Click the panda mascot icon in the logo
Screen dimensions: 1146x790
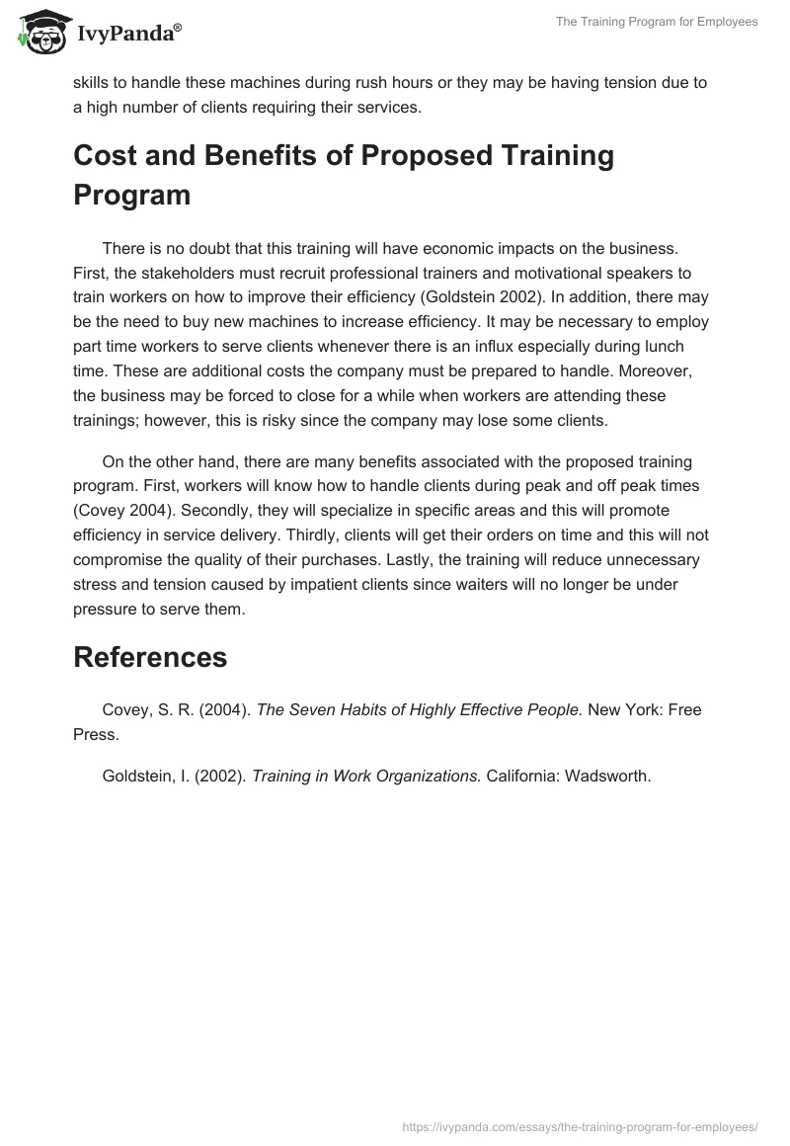(39, 34)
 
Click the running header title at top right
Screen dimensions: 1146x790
(657, 22)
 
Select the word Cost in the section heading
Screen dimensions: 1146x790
(108, 156)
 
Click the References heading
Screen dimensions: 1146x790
(150, 657)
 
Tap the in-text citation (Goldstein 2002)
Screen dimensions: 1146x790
(574, 297)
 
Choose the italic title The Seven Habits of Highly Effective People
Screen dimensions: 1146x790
(420, 710)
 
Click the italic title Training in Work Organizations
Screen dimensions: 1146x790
(366, 776)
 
